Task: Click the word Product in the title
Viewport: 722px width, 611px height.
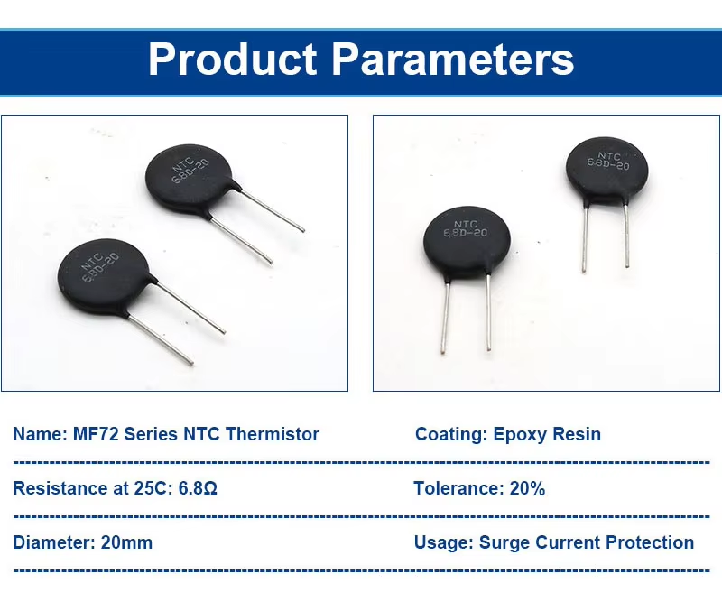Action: pyautogui.click(x=232, y=59)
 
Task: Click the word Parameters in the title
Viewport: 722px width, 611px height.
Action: pyautogui.click(x=453, y=59)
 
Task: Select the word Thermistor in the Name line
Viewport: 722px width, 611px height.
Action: pyautogui.click(x=273, y=434)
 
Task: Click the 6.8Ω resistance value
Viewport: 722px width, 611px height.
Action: pyautogui.click(x=198, y=488)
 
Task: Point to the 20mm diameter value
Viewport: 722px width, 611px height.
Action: pyautogui.click(x=126, y=542)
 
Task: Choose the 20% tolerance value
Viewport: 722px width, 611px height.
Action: pyautogui.click(x=527, y=488)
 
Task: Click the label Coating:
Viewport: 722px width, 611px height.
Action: pyautogui.click(x=451, y=435)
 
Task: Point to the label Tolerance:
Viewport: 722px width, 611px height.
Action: pyautogui.click(x=459, y=488)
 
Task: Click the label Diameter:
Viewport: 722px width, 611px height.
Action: pyautogui.click(x=54, y=542)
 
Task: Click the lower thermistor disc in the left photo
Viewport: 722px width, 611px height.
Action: pyautogui.click(x=103, y=274)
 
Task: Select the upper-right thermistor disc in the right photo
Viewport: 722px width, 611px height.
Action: pyautogui.click(x=606, y=169)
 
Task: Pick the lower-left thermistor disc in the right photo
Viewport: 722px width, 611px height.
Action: pyautogui.click(x=467, y=242)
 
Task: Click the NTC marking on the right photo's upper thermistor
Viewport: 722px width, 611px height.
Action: pyautogui.click(x=608, y=156)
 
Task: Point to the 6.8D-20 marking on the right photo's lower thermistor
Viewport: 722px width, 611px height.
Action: pyautogui.click(x=465, y=233)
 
